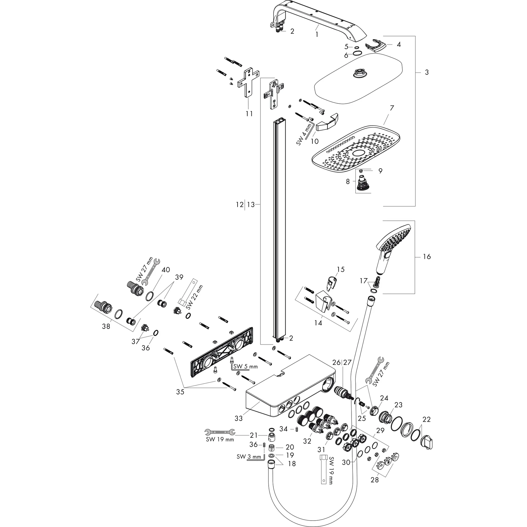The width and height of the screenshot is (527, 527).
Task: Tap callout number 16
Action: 427,257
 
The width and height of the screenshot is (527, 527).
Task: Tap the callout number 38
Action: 106,326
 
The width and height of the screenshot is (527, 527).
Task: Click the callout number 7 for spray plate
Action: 392,108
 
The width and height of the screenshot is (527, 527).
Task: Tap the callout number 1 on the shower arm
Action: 317,35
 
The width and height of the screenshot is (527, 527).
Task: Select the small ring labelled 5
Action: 356,47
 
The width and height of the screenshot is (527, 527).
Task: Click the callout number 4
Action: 399,44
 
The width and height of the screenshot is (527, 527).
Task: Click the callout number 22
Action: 427,419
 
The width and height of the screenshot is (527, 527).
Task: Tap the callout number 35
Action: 180,392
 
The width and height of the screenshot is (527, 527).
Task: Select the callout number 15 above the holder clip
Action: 341,269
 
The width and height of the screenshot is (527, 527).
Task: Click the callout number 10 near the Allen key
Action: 314,141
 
